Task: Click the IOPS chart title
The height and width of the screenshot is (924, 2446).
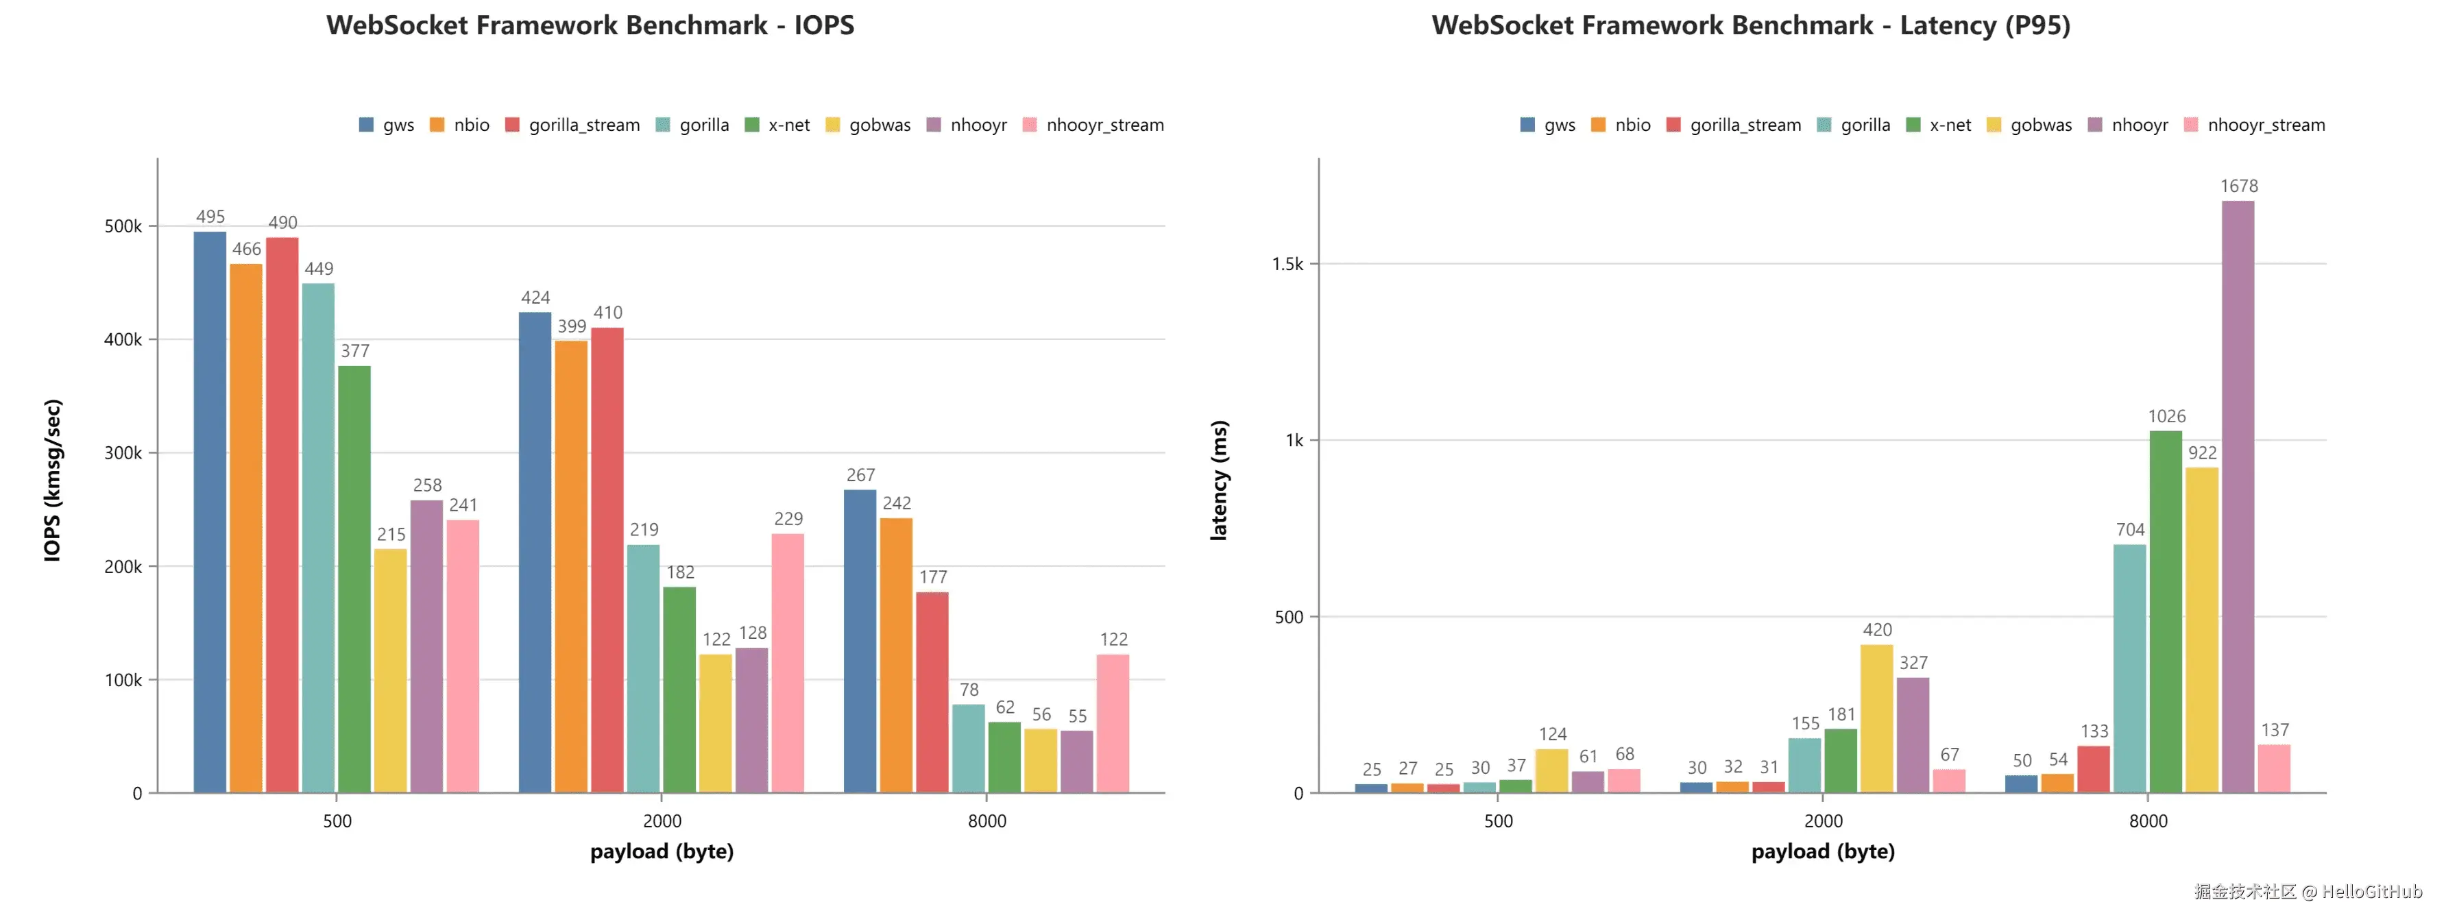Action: pyautogui.click(x=590, y=25)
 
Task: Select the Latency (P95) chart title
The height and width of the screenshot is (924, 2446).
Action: pyautogui.click(x=1750, y=25)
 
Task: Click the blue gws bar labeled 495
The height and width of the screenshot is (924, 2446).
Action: pyautogui.click(x=210, y=513)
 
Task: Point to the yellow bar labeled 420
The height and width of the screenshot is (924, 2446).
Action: pyautogui.click(x=1876, y=719)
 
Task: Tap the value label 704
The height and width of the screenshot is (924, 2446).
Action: pyautogui.click(x=2130, y=530)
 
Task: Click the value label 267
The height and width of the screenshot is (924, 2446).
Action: pyautogui.click(x=860, y=475)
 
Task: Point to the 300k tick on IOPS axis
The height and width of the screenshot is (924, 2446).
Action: pyautogui.click(x=123, y=453)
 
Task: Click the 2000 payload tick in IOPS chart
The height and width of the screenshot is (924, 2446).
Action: pyautogui.click(x=662, y=821)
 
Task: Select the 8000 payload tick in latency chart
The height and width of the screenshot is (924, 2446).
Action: pyautogui.click(x=2148, y=821)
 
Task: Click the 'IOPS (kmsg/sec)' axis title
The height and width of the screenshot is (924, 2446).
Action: pyautogui.click(x=53, y=480)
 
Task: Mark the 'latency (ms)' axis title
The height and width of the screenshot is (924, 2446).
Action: pyautogui.click(x=1219, y=480)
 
